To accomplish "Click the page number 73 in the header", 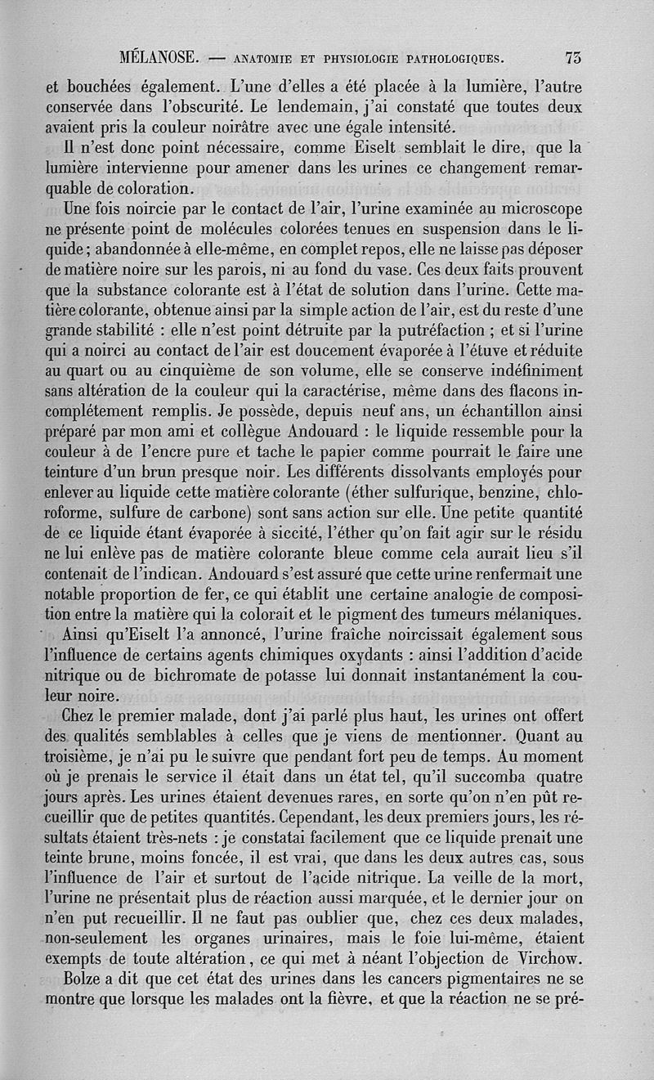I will coord(572,57).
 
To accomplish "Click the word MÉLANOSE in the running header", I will coord(156,57).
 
